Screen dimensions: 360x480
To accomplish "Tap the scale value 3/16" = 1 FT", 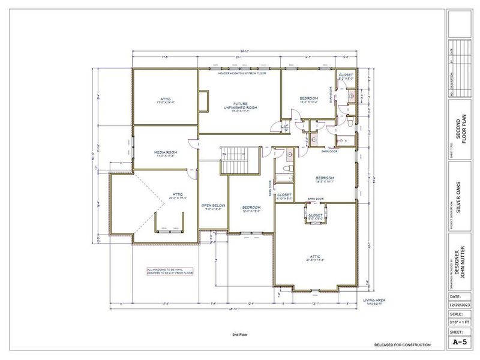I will [x=460, y=323].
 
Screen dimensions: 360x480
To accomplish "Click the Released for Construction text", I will [x=402, y=346].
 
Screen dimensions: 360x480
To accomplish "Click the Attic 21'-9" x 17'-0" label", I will [x=315, y=258].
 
